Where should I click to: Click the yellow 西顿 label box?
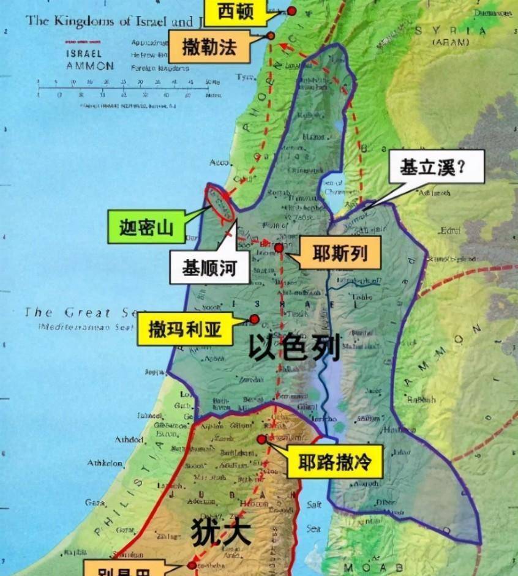coord(235,12)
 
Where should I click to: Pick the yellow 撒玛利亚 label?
coord(185,330)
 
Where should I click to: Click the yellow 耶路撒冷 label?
coord(334,462)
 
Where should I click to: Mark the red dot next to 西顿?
coord(291,10)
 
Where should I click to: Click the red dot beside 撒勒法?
coord(270,36)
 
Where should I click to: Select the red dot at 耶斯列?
coord(279,247)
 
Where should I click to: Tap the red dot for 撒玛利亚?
coord(253,319)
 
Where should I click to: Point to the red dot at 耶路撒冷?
coord(261,439)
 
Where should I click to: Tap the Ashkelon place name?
coord(105,463)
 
